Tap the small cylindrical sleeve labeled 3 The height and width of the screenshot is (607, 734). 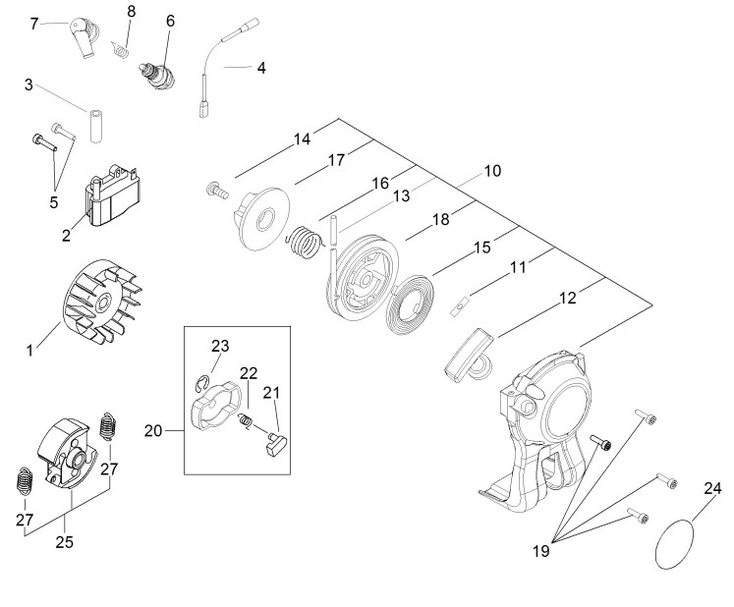[96, 126]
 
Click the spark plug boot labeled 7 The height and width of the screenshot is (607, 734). [85, 36]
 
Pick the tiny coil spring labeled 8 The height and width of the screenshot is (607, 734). [120, 49]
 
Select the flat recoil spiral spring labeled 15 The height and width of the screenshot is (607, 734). [410, 305]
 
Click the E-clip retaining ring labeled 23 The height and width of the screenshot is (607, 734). [200, 384]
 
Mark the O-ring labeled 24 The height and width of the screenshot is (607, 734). [674, 544]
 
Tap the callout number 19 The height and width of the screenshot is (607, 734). [540, 551]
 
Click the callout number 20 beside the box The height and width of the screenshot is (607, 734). [152, 430]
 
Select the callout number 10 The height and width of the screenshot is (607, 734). [492, 171]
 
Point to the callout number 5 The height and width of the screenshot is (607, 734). [54, 202]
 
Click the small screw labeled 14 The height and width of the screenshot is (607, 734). [218, 190]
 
